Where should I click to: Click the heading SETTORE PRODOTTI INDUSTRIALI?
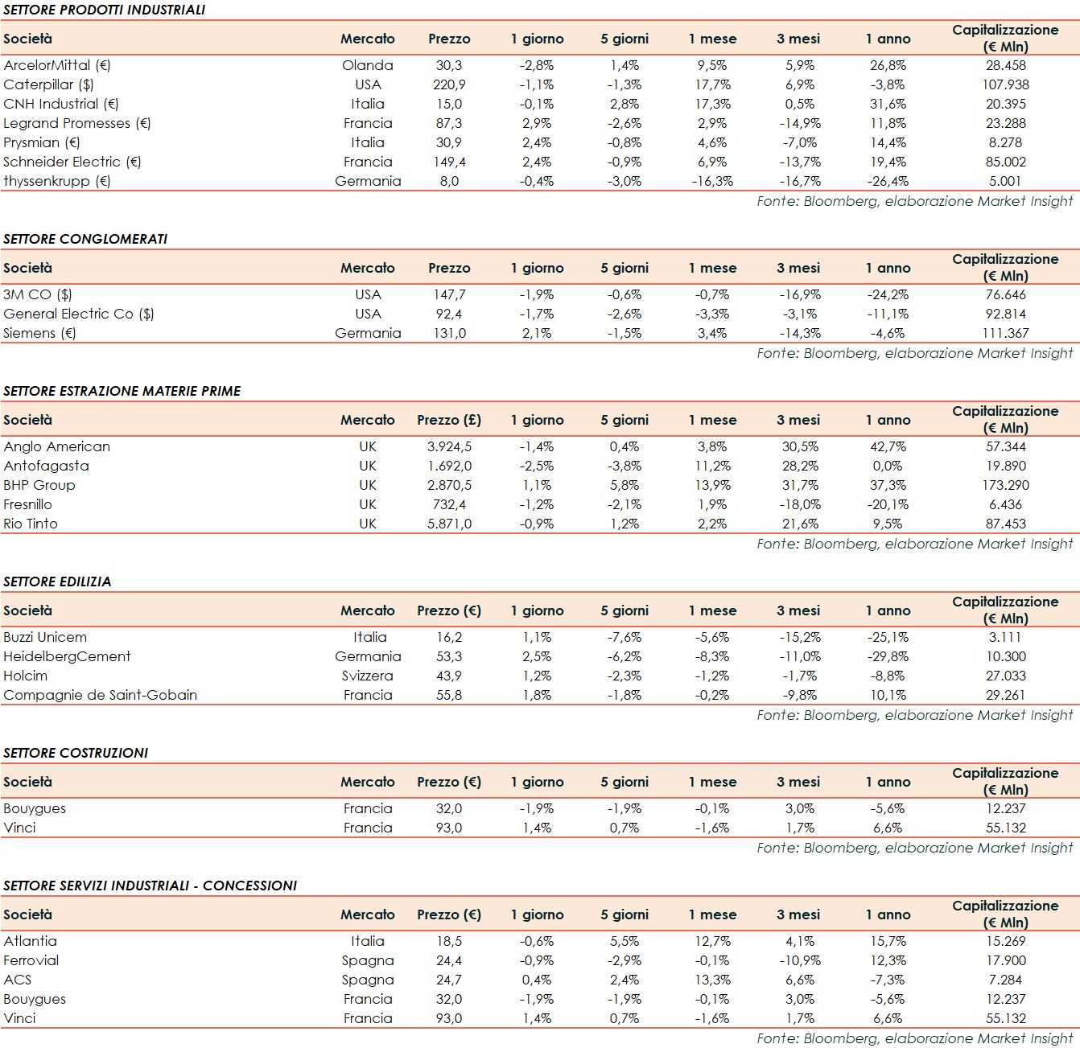tap(104, 10)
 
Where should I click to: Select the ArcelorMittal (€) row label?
tap(57, 65)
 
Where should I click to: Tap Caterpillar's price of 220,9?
tap(449, 84)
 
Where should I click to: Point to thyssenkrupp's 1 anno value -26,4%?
tap(888, 181)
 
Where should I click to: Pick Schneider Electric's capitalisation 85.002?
tap(1005, 162)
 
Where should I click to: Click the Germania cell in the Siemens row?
tap(368, 333)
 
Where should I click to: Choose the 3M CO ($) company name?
tap(38, 294)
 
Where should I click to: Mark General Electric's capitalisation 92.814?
tap(1005, 314)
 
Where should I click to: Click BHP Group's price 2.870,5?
tap(449, 485)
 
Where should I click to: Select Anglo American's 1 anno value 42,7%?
tap(888, 446)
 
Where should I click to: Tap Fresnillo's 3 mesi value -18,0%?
tap(799, 504)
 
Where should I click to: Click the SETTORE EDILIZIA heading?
tap(57, 582)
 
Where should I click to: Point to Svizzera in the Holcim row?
tap(368, 676)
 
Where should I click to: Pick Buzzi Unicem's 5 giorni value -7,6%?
tap(624, 637)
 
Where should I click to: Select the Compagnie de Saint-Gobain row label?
tap(100, 695)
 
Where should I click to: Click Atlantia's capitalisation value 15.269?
tap(1005, 941)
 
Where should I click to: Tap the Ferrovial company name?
tap(31, 960)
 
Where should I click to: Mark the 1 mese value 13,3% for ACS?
tap(712, 980)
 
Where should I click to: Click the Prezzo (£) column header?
tap(449, 420)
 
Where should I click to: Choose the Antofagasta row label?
tap(46, 466)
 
